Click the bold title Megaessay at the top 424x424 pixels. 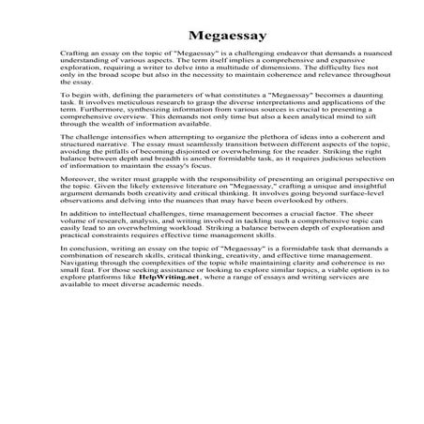211,35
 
